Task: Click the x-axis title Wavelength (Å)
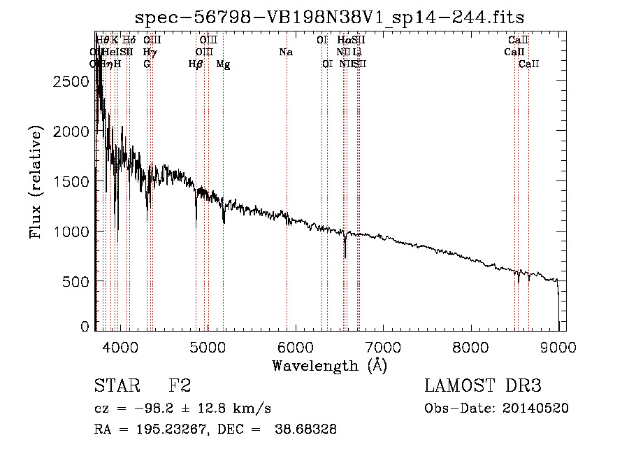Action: (x=329, y=365)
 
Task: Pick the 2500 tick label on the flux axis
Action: (x=70, y=81)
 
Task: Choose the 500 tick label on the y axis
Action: (x=75, y=281)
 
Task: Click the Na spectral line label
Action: (x=285, y=52)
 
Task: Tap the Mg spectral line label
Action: (x=223, y=64)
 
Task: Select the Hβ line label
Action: (x=196, y=64)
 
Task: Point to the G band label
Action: (x=147, y=64)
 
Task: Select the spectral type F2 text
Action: (x=180, y=386)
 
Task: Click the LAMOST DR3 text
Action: (x=483, y=386)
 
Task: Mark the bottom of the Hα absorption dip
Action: (x=345, y=257)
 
